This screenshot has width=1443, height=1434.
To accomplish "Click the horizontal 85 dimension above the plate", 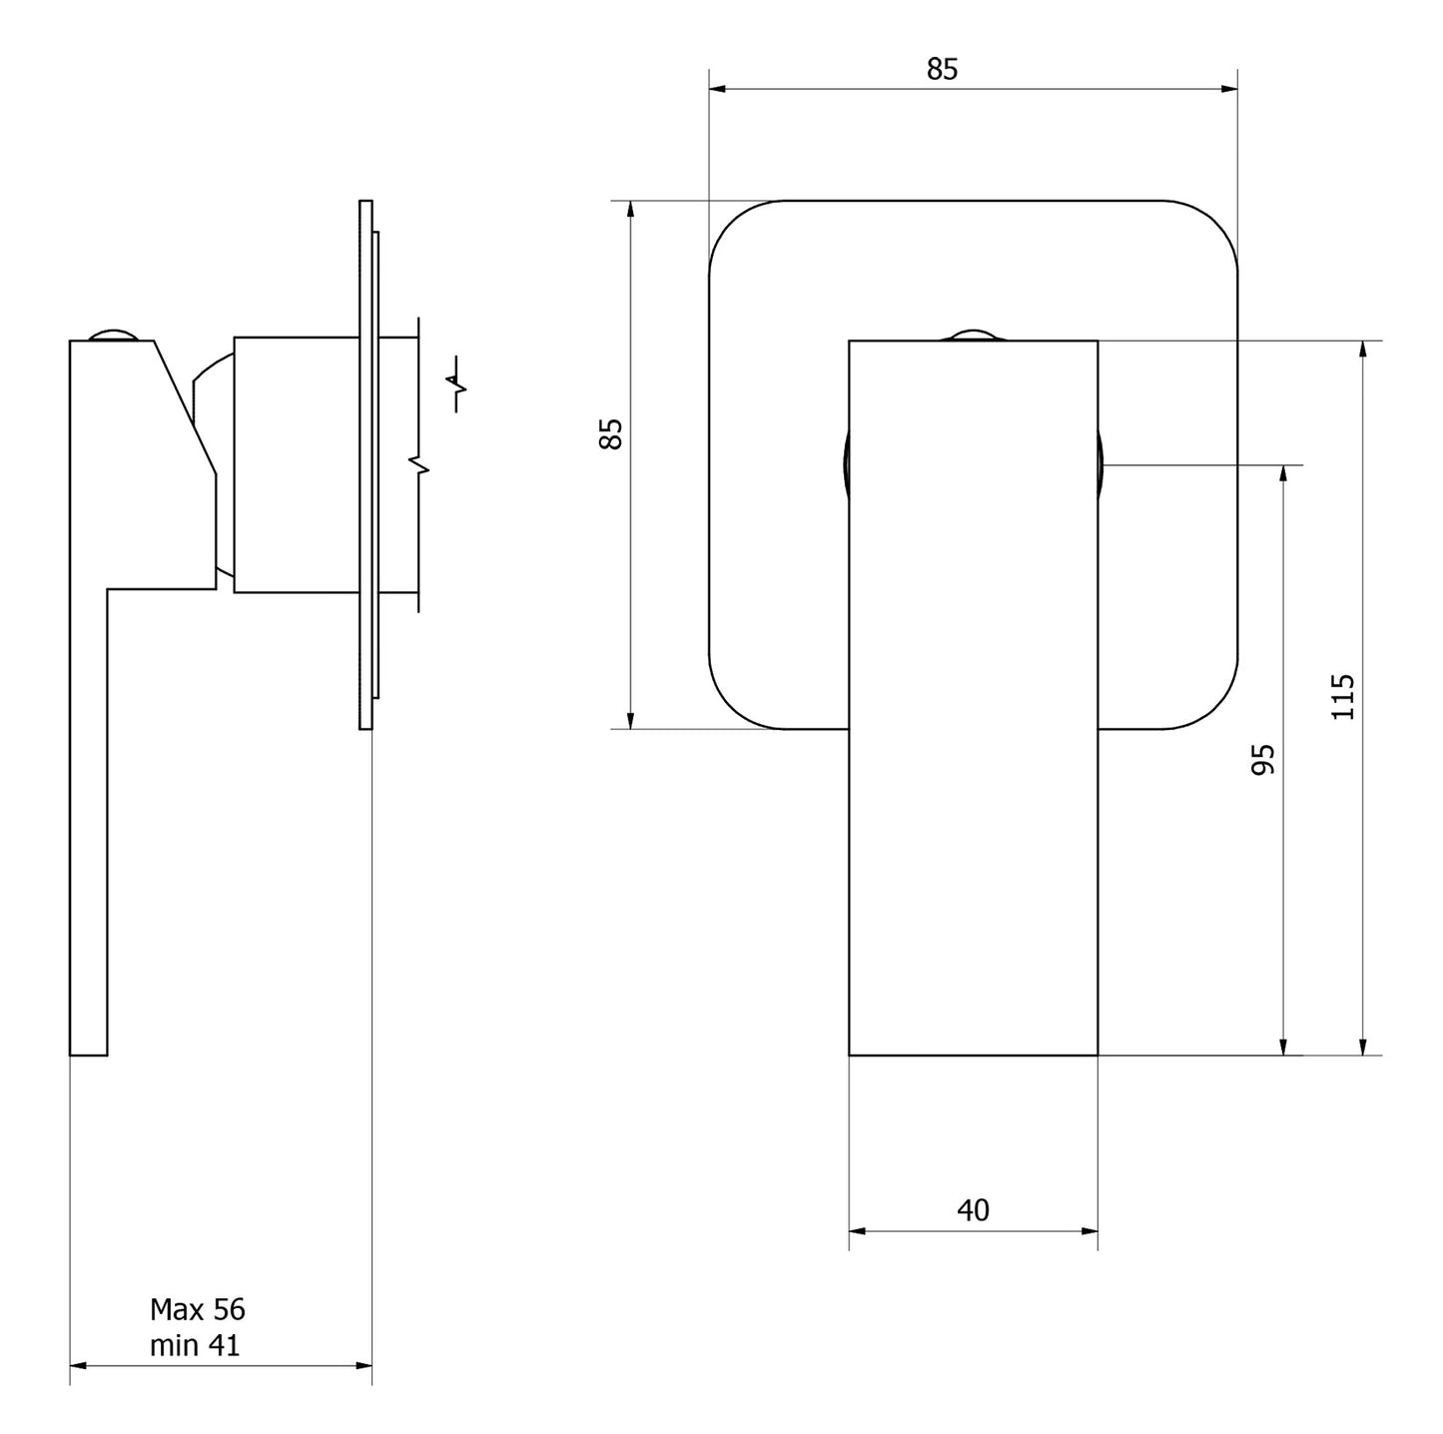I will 942,69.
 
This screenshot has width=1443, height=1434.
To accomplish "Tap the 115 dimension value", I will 1343,696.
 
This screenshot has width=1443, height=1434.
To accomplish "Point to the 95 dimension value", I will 1263,759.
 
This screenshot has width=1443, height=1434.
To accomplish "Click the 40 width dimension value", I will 973,1210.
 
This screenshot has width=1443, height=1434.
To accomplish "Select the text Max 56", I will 197,1309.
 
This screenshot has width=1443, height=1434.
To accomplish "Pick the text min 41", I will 195,1345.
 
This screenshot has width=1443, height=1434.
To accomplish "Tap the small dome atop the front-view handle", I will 973,335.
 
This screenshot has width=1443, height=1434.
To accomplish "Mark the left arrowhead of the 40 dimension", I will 856,1231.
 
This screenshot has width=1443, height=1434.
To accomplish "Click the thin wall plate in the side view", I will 365,464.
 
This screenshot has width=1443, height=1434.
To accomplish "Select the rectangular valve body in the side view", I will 296,464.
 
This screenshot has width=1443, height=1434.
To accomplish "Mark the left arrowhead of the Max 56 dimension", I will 77,1365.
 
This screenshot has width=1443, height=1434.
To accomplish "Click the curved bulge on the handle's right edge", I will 1100,464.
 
